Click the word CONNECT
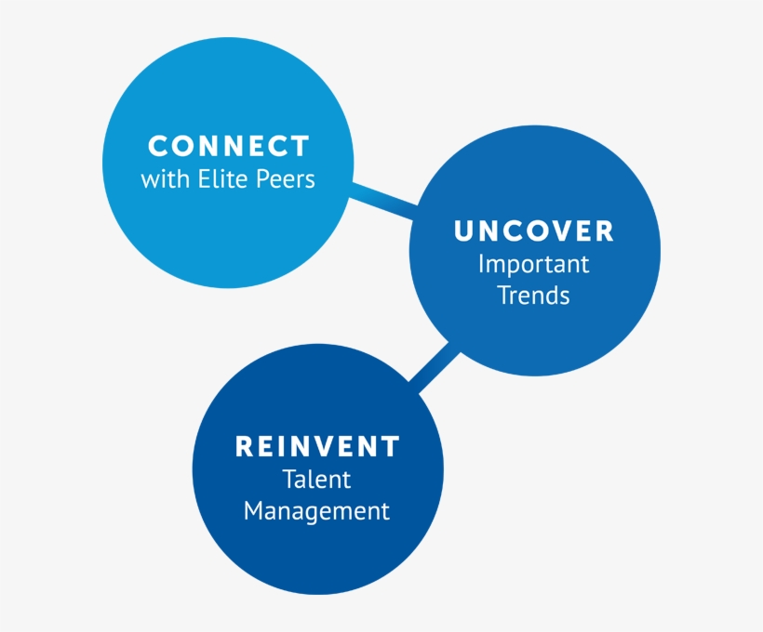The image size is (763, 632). point(228,147)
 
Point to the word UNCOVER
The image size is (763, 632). point(534,231)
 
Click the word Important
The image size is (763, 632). point(534,264)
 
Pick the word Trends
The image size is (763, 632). point(534,296)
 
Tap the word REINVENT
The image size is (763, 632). point(317,447)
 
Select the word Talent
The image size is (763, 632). point(317,480)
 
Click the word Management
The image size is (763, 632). point(317,511)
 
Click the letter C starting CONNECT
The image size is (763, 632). point(158,147)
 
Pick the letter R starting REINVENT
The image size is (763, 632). point(245,447)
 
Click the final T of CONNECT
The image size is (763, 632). point(300,147)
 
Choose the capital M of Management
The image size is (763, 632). point(254,510)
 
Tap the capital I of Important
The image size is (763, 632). point(482,264)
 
